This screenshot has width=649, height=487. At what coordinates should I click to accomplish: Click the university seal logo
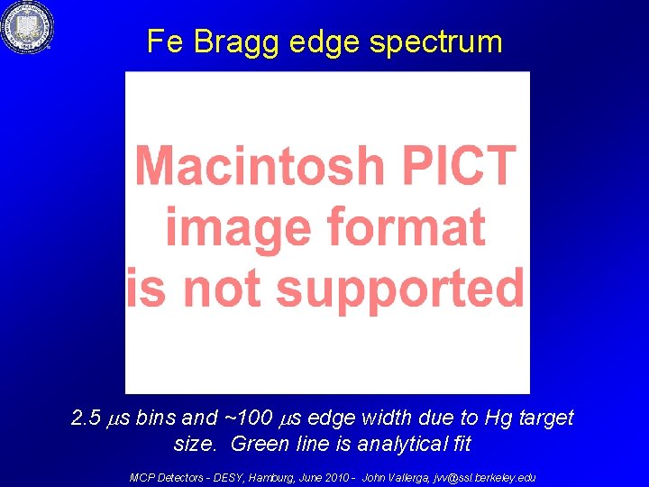point(27,28)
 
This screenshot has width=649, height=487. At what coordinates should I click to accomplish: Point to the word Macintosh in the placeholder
point(253,166)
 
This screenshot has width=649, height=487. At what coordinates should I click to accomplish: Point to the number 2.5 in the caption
point(87,418)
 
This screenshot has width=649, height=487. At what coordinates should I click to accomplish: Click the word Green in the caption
point(257,444)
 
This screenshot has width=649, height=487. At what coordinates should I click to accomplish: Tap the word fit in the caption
point(460,444)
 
